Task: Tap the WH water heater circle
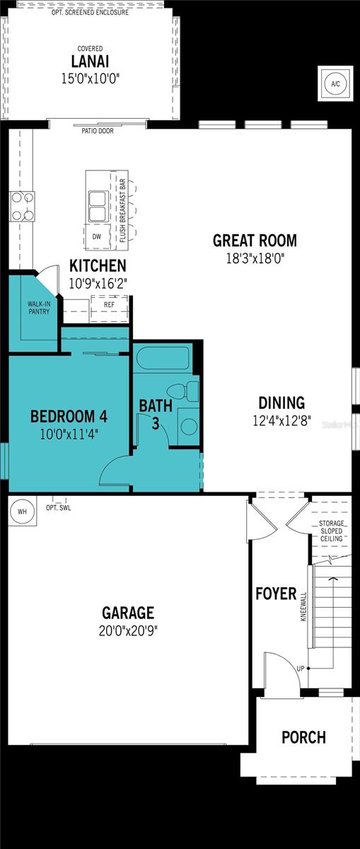coord(21,511)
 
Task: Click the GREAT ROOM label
coord(255,241)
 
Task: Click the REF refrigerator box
coord(109,305)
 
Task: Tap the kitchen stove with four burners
coord(22,206)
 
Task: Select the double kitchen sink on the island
coord(96,204)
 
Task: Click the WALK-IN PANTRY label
coord(38,308)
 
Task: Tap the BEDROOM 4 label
coord(68,415)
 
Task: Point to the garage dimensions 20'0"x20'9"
coord(128,630)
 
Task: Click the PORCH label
coord(303,737)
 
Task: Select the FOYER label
coord(276,594)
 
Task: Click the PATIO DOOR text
coord(97,131)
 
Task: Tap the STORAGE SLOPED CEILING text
coord(330,531)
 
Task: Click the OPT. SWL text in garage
coord(58,508)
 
